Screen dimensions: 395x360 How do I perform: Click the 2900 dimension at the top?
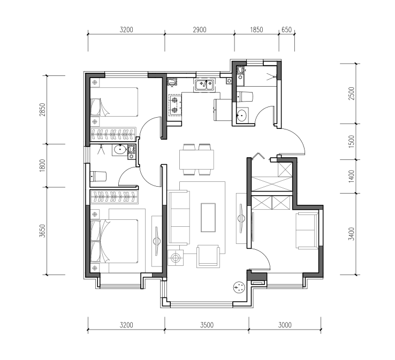click(200, 30)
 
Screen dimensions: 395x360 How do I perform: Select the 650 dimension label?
click(286, 30)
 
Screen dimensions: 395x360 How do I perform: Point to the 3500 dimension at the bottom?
click(207, 325)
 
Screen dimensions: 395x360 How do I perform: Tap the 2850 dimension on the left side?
click(42, 110)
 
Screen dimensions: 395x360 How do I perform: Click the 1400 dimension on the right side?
click(351, 176)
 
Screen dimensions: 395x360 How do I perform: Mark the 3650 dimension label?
click(42, 231)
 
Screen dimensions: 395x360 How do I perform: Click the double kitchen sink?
click(204, 85)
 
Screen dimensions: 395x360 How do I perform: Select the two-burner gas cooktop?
click(175, 105)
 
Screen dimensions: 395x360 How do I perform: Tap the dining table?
click(197, 159)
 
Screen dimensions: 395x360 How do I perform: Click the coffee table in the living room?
click(208, 218)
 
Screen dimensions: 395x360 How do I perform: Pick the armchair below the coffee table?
click(208, 256)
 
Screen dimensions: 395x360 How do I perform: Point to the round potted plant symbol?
click(239, 287)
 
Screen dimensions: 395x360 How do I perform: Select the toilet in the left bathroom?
click(98, 176)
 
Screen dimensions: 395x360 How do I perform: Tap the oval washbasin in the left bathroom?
click(120, 150)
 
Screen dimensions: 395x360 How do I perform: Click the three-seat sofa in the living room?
click(179, 218)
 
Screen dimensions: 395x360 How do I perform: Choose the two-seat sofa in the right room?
click(307, 231)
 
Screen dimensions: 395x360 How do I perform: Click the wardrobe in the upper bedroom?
click(113, 134)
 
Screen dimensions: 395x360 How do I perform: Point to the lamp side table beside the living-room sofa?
click(176, 258)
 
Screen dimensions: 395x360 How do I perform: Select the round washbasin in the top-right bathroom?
click(241, 116)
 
